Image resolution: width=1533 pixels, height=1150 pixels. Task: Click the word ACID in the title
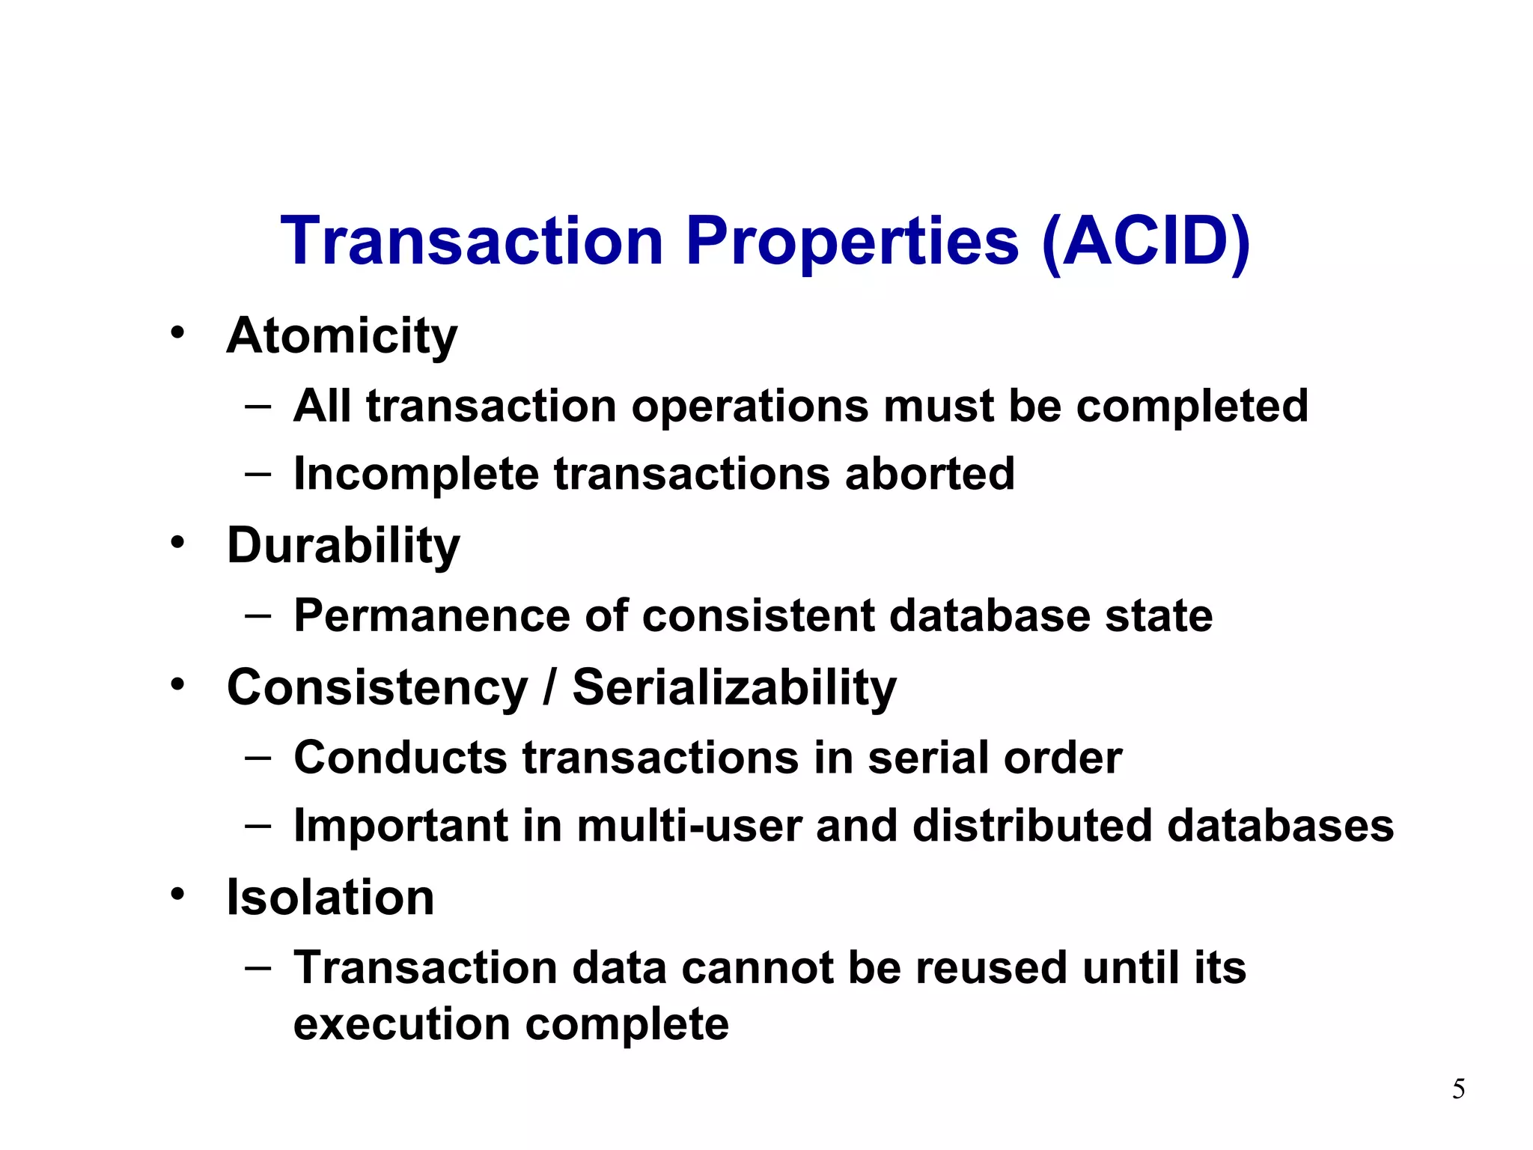click(1145, 241)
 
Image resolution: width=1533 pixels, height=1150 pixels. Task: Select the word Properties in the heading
click(852, 241)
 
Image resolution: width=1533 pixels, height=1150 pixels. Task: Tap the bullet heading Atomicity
click(342, 336)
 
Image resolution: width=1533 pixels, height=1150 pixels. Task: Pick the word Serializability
click(734, 687)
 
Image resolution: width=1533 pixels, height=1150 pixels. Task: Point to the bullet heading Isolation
click(330, 897)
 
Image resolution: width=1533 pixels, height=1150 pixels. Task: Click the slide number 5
click(1458, 1089)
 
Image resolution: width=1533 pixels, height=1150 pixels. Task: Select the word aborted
click(930, 474)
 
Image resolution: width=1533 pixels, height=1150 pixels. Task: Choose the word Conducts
click(400, 758)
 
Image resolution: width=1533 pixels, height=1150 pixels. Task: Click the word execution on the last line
click(401, 1024)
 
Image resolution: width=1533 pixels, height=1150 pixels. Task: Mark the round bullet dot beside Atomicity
click(177, 332)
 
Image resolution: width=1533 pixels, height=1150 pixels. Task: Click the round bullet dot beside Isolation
click(177, 893)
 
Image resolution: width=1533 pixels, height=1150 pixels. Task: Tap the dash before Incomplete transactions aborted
click(257, 474)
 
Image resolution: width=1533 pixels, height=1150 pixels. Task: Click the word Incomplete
click(416, 474)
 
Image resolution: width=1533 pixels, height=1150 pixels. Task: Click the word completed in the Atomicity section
click(1192, 407)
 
